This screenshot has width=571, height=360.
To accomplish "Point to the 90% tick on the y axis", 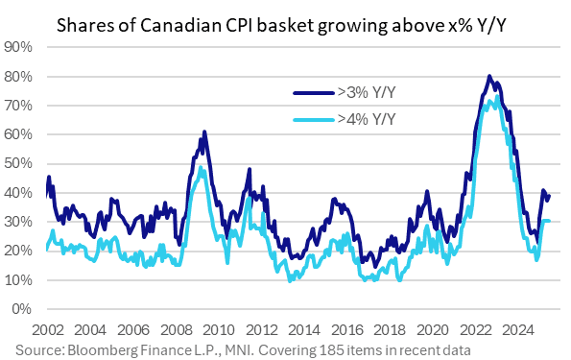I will [20, 46].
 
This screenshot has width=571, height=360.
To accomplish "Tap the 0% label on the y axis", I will [24, 309].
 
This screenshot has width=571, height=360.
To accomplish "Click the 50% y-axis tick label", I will [20, 163].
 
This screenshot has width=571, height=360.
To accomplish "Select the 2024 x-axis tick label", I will [525, 326].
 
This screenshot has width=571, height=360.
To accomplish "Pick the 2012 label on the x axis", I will [264, 326].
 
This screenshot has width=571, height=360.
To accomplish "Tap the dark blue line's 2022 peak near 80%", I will [489, 76].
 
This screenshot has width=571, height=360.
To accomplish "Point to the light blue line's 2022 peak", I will [490, 98].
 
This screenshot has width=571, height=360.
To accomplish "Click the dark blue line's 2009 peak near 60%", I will [204, 132].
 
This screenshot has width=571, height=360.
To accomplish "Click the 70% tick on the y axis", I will [20, 105].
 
